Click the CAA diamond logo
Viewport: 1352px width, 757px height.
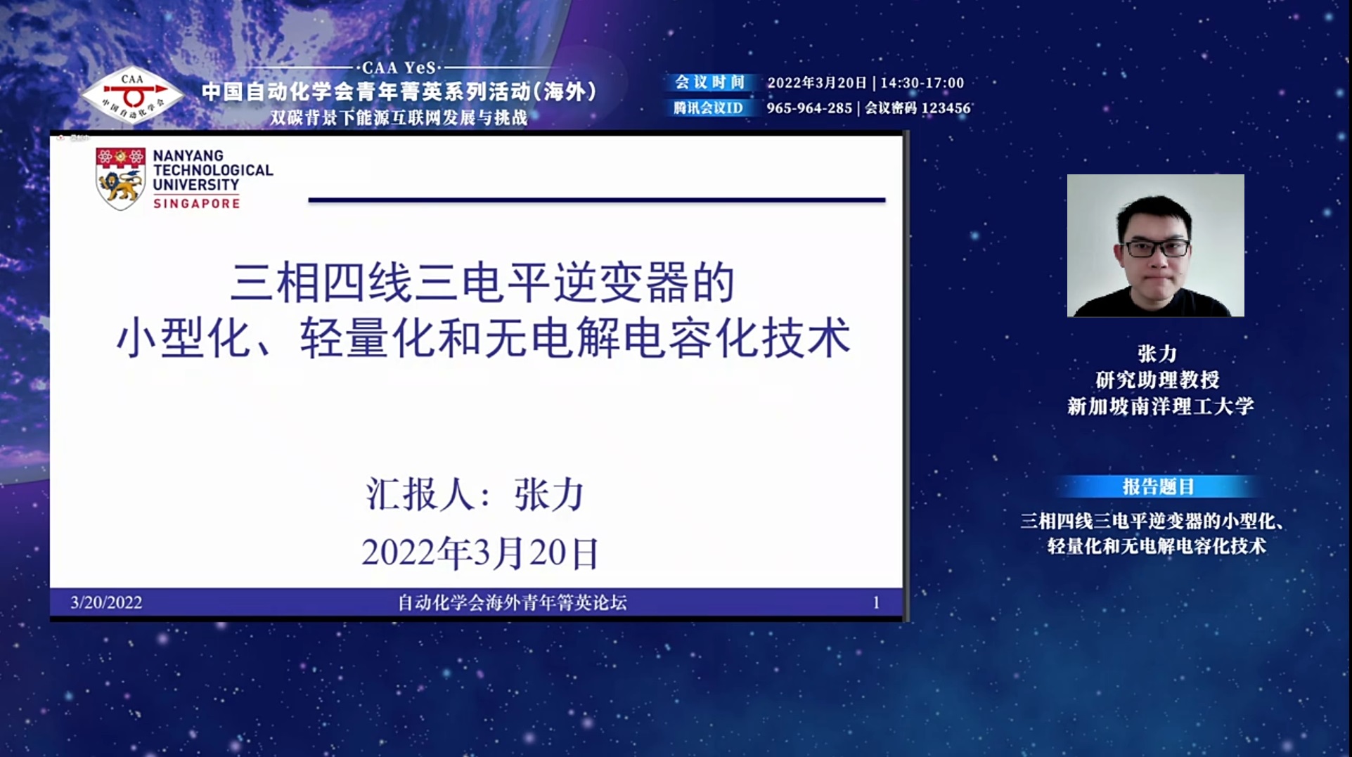(x=132, y=95)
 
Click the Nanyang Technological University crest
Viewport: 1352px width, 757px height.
(x=120, y=179)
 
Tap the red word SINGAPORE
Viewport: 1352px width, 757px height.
(x=197, y=203)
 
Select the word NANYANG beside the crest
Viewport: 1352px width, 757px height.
(x=188, y=155)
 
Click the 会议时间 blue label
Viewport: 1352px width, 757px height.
(x=709, y=82)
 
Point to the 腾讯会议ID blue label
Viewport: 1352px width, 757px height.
(x=709, y=108)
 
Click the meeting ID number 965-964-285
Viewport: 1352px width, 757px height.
(x=809, y=108)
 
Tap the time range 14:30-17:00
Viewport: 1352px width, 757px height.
(x=922, y=83)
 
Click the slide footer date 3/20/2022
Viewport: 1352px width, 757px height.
(x=106, y=602)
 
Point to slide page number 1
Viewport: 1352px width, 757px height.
(x=876, y=602)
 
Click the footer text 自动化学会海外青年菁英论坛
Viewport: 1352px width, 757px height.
(x=512, y=602)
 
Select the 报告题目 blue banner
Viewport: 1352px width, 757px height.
(x=1157, y=486)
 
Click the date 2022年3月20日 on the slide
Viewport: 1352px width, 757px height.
(x=480, y=552)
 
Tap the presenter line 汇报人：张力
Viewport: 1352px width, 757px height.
(x=475, y=494)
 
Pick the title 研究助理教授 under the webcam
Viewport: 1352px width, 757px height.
(x=1157, y=380)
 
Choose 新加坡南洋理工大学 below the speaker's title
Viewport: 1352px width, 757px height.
(x=1161, y=406)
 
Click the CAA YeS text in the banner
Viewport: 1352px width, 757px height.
(x=399, y=67)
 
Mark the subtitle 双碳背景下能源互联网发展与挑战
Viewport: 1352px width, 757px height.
(x=399, y=117)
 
